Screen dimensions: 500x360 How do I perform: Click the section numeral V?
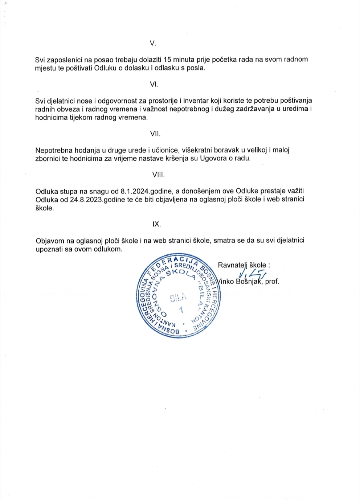click(153, 43)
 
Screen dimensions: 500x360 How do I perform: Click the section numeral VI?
click(154, 84)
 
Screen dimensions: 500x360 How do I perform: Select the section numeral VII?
click(155, 134)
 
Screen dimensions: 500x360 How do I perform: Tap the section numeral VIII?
click(158, 175)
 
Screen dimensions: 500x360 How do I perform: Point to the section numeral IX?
click(156, 224)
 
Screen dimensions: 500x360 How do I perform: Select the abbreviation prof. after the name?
click(272, 281)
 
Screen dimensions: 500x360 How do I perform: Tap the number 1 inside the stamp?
click(181, 310)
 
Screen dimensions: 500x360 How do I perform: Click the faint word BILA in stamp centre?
click(178, 298)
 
